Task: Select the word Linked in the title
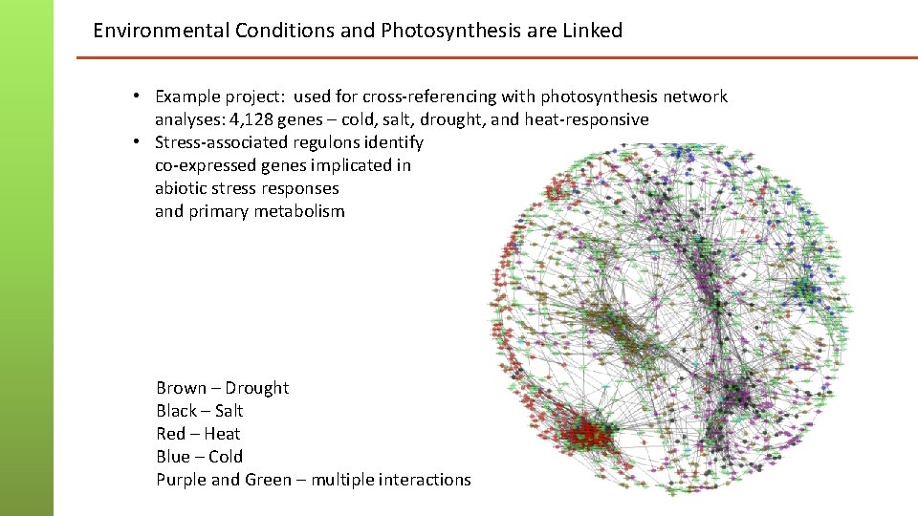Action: click(591, 31)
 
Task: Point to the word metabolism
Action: click(299, 211)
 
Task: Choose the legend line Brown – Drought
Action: click(222, 388)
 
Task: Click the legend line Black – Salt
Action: click(199, 411)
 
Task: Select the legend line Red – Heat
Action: click(198, 434)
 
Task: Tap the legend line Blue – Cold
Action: click(199, 457)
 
